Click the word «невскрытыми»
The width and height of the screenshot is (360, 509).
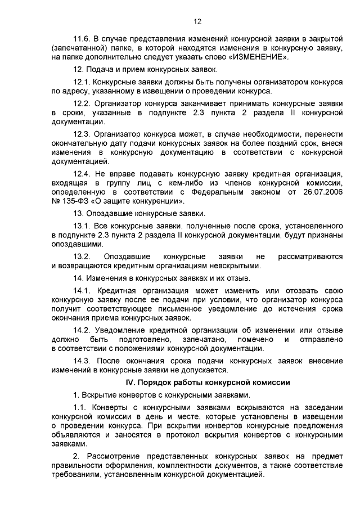coord(235,265)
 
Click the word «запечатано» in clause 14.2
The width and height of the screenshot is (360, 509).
coord(204,340)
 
